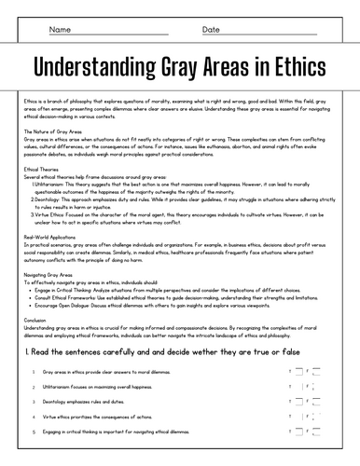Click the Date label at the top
[211, 30]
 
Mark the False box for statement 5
[317, 432]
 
